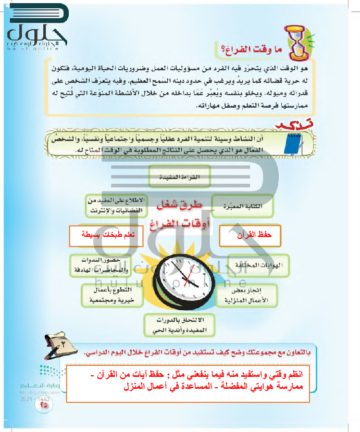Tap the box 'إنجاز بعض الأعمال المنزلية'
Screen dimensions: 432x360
[244, 295]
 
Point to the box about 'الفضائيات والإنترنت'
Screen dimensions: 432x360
[116, 207]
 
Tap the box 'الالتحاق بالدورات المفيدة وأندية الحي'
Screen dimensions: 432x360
[177, 325]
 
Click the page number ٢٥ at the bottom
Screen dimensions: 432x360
[41, 404]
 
